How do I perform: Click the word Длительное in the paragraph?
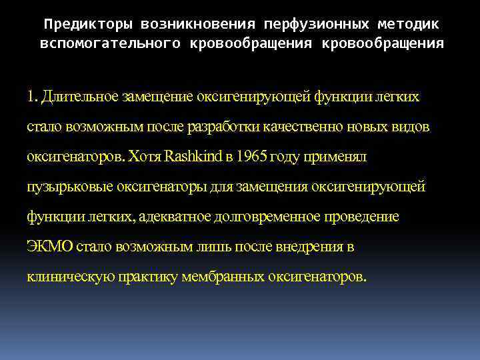pos(79,97)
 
